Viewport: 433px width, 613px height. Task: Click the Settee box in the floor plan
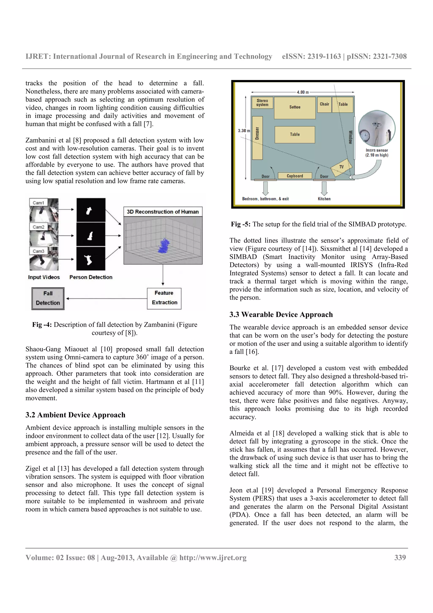click(295, 108)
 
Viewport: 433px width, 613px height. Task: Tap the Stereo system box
click(262, 103)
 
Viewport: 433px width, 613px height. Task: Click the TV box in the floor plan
click(341, 167)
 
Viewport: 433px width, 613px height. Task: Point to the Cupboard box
click(295, 176)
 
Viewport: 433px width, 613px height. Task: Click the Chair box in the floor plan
click(324, 104)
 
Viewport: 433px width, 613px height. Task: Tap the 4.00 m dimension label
click(302, 92)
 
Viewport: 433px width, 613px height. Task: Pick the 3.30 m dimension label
click(244, 131)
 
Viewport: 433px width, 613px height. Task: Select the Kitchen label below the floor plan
click(324, 199)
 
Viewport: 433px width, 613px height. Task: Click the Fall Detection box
click(48, 298)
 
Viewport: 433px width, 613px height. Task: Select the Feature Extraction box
click(164, 298)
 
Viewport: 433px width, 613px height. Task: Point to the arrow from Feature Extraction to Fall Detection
click(107, 298)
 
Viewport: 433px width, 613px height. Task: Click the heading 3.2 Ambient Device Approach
click(75, 415)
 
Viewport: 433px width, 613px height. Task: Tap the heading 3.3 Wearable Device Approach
click(281, 315)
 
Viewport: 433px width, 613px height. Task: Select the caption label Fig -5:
click(240, 224)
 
